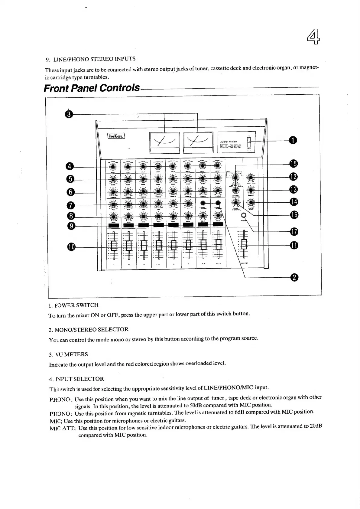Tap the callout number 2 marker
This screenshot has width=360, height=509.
point(293,277)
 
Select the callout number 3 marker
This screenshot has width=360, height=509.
point(69,114)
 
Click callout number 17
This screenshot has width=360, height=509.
point(294,232)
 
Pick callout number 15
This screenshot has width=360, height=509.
point(293,164)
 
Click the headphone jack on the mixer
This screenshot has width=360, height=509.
point(244,215)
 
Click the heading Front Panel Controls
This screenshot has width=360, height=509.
point(92,88)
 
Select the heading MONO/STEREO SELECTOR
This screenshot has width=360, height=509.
point(88,329)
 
